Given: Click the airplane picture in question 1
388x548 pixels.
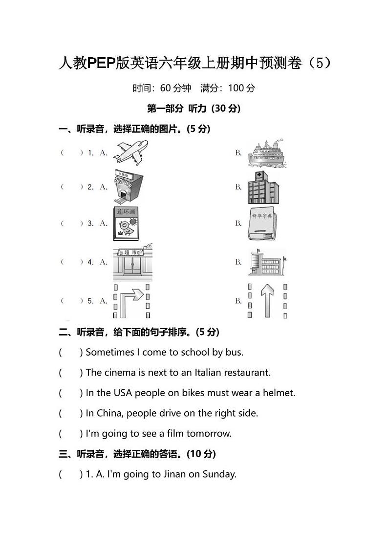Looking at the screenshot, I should (130, 153).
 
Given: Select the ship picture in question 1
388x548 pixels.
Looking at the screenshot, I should (266, 153).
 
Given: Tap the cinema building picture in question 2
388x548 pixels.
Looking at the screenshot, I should (128, 186).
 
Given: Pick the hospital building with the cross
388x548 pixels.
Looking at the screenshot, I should (262, 187).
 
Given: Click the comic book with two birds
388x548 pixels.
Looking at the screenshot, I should (126, 223).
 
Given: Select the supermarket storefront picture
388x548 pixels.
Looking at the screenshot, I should (132, 263).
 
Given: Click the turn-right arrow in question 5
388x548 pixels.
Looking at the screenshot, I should (132, 300).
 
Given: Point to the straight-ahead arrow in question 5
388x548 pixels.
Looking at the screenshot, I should (267, 300).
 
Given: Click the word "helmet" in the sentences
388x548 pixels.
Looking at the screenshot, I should (279, 393).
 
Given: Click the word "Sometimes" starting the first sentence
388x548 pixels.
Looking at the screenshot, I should (110, 352).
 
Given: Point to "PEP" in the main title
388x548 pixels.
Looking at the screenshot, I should (101, 63).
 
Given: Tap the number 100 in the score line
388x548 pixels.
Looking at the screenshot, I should (236, 88).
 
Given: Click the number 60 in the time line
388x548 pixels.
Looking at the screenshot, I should (166, 88).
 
